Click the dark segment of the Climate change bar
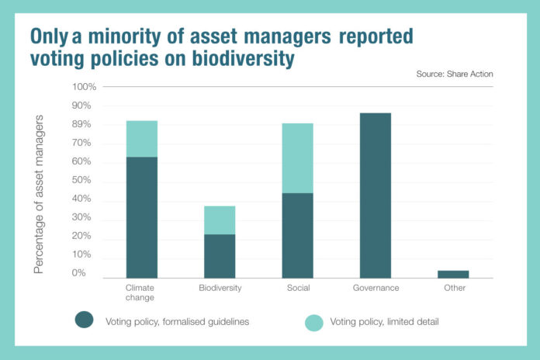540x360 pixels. [x=141, y=217]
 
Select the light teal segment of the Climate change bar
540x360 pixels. [x=141, y=139]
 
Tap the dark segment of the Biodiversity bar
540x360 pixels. [x=220, y=255]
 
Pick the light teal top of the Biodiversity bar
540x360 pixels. [x=220, y=220]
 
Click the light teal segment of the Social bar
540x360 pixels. [x=297, y=158]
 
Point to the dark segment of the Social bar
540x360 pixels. [x=297, y=235]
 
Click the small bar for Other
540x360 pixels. [x=453, y=274]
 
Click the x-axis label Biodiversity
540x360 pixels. [x=220, y=288]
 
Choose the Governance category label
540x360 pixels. [x=375, y=288]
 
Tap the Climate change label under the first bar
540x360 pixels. [x=141, y=292]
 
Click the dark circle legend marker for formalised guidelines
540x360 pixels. [x=84, y=320]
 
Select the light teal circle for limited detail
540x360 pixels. [x=313, y=320]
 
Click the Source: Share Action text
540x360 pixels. [x=452, y=74]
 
